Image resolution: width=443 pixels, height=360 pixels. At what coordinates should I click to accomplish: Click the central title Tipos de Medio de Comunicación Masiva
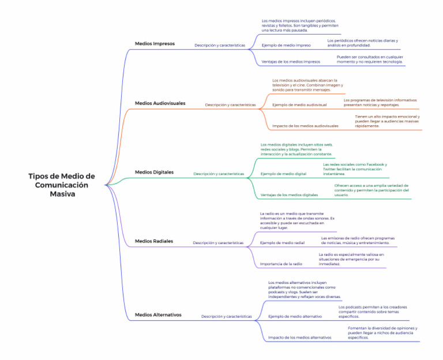62,185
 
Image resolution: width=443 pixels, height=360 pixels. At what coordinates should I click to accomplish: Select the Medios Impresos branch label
155,43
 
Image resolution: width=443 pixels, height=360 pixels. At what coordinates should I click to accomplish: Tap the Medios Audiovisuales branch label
160,103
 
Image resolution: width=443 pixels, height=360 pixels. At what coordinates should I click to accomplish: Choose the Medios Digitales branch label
154,172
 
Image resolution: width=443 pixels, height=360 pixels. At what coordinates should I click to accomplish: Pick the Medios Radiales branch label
154,241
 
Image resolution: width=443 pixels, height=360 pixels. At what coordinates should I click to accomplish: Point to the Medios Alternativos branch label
158,315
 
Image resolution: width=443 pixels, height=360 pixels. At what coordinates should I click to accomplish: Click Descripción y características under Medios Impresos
220,45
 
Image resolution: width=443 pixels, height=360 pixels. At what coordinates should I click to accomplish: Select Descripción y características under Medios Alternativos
227,317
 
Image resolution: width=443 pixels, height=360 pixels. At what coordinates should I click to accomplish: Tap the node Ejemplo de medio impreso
286,45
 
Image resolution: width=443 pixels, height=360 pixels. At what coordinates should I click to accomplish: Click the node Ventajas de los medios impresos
291,62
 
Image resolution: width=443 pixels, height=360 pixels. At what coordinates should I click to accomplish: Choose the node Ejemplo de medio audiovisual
299,105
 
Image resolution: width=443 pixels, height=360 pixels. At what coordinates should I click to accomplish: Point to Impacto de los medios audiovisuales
306,126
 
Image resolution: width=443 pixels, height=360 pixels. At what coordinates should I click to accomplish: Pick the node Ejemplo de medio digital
284,174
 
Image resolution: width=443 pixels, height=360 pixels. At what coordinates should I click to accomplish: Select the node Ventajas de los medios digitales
290,195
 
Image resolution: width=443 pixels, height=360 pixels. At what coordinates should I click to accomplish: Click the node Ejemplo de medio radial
282,243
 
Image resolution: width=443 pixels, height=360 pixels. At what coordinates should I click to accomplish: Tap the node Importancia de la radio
281,264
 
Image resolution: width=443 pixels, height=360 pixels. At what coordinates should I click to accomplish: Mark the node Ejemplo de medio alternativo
295,317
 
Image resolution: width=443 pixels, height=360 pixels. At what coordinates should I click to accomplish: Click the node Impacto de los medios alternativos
300,337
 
